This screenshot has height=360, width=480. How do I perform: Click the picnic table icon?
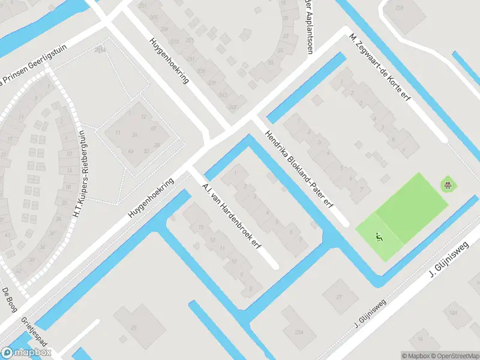[447, 184]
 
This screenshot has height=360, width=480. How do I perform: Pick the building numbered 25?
[134, 327]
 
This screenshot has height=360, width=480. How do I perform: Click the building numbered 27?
[339, 296]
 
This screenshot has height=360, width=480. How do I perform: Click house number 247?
[232, 107]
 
